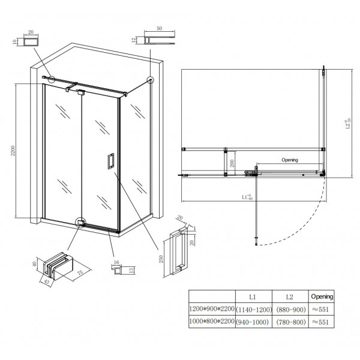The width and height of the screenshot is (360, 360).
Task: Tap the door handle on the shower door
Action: click(110, 161)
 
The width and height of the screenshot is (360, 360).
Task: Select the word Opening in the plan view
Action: click(289, 160)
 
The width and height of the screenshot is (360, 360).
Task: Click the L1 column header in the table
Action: click(254, 296)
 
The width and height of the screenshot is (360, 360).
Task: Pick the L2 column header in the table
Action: click(290, 296)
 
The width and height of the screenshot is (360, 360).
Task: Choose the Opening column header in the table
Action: click(322, 296)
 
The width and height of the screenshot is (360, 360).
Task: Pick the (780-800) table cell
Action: click(290, 322)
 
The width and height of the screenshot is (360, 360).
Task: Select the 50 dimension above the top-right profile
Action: click(159, 28)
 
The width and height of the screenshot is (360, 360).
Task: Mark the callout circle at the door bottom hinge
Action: click(81, 221)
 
